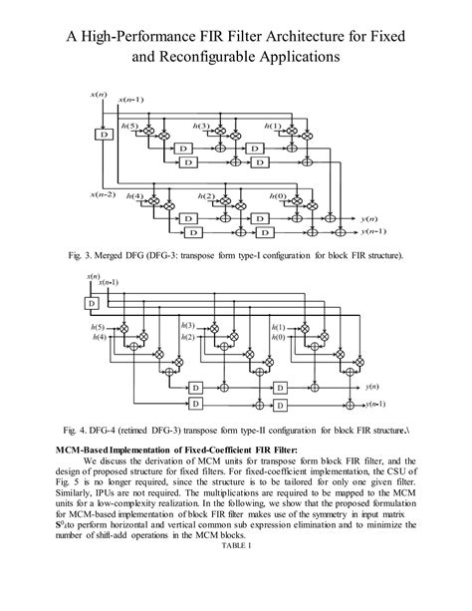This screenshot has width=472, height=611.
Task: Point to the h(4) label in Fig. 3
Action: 137,195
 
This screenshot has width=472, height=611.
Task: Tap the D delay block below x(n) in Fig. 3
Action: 102,133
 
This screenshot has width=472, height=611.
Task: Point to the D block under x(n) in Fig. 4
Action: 91,302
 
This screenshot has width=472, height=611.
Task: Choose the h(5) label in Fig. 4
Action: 97,327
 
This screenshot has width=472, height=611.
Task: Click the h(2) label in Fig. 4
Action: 187,338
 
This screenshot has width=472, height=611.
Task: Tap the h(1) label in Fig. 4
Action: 278,326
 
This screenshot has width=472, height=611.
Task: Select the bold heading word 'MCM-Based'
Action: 79,451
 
